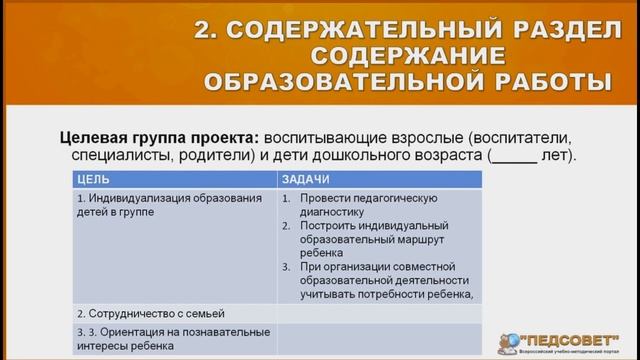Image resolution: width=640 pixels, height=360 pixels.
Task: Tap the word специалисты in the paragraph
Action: pyautogui.click(x=116, y=156)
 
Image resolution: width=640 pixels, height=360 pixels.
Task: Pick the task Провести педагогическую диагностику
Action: pyautogui.click(x=376, y=204)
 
